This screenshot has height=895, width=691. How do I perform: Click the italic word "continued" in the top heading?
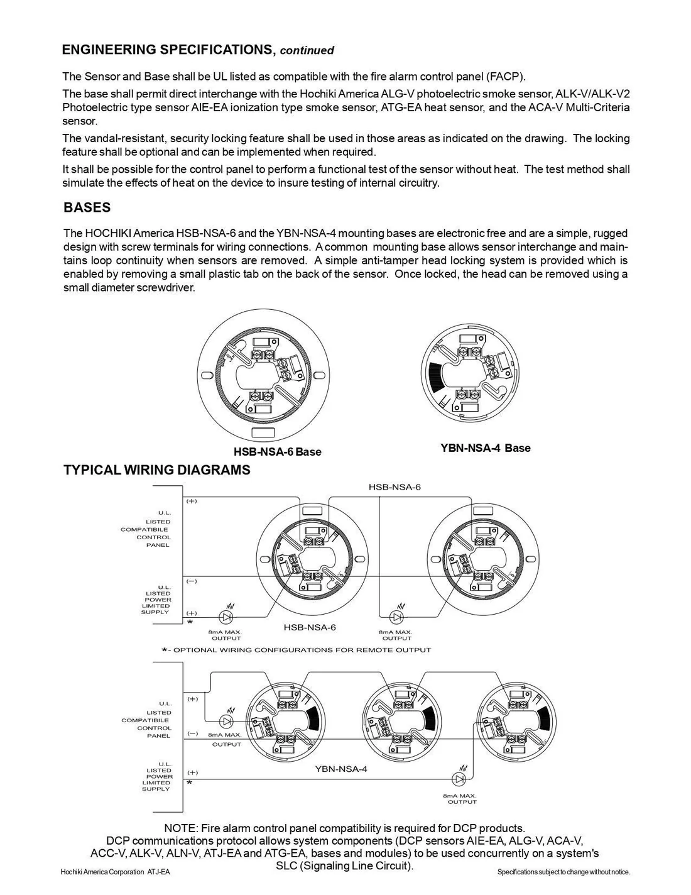click(307, 51)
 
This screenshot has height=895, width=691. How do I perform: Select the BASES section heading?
click(87, 208)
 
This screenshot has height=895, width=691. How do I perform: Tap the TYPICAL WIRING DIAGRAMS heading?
click(156, 470)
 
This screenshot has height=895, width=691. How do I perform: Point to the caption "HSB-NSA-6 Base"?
click(277, 452)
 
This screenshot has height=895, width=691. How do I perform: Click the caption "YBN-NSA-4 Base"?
click(485, 448)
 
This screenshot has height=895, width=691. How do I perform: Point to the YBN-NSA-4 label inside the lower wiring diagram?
click(341, 769)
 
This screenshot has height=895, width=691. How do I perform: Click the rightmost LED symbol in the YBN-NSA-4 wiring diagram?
click(460, 779)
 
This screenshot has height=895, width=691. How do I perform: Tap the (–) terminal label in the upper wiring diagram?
click(192, 581)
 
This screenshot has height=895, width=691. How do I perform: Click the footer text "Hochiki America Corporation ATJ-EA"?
click(115, 872)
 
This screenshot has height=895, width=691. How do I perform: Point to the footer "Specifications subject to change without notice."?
click(563, 872)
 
